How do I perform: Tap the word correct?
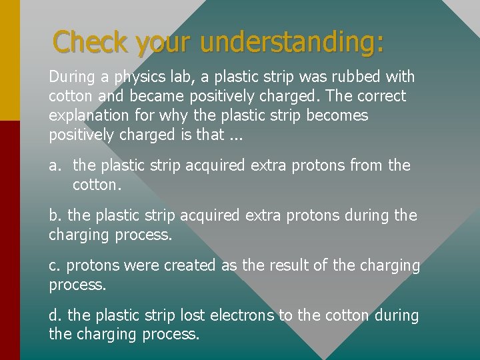click(377, 97)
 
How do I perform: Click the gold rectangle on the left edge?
click(9, 60)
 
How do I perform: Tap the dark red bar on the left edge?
click(9, 240)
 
